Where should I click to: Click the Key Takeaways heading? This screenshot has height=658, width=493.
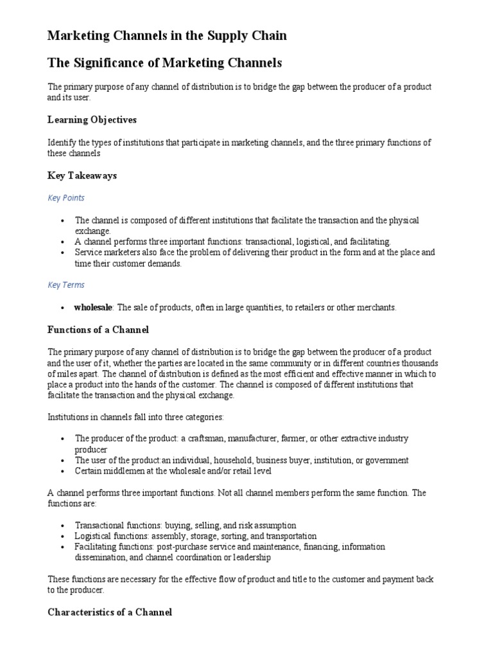[x=82, y=175]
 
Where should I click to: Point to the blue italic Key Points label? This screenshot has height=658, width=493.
[x=66, y=198]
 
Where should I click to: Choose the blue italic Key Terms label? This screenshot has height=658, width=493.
[x=66, y=285]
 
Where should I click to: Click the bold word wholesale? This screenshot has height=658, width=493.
[x=93, y=308]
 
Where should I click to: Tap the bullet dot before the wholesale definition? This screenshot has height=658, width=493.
[x=62, y=308]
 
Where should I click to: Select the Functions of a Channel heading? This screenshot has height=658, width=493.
[x=98, y=330]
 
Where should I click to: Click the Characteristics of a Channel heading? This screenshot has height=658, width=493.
[x=110, y=612]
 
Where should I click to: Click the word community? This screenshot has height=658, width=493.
[x=273, y=363]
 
